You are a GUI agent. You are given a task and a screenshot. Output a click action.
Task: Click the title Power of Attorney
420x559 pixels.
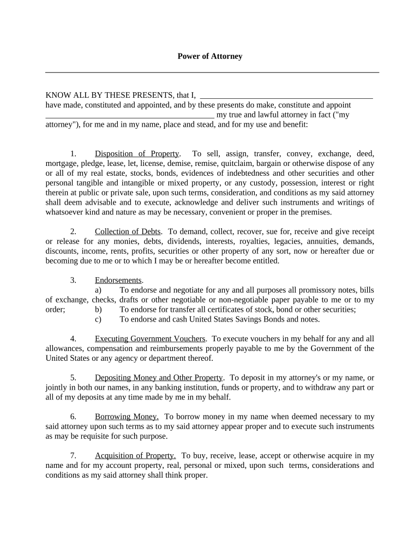pyautogui.click(x=210, y=56)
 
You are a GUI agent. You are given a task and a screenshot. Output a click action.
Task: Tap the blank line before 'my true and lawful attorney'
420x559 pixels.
pyautogui.click(x=129, y=115)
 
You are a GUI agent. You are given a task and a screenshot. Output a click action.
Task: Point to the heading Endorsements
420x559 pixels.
pyautogui.click(x=118, y=280)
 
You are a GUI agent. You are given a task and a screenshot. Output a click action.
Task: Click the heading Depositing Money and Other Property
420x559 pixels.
pyautogui.click(x=159, y=377)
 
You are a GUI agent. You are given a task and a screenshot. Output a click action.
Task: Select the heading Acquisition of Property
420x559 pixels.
pyautogui.click(x=135, y=455)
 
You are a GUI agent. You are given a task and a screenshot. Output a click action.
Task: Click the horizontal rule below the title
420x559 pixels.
pyautogui.click(x=212, y=72)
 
